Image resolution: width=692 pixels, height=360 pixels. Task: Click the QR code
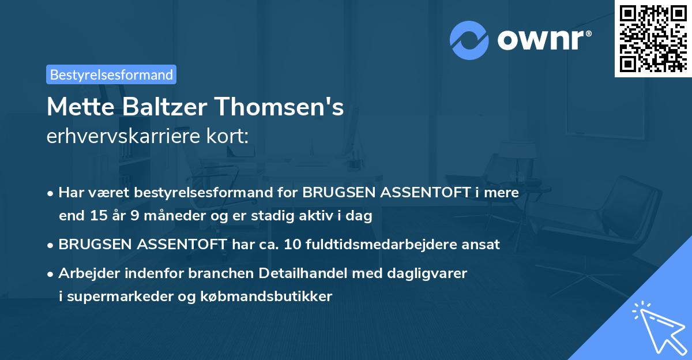point(652,38)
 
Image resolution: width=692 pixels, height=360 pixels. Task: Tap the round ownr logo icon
point(469,40)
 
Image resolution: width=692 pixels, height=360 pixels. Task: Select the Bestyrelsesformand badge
point(111,74)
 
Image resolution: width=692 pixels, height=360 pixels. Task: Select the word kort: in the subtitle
point(231,137)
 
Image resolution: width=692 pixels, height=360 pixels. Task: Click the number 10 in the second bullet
point(291,244)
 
